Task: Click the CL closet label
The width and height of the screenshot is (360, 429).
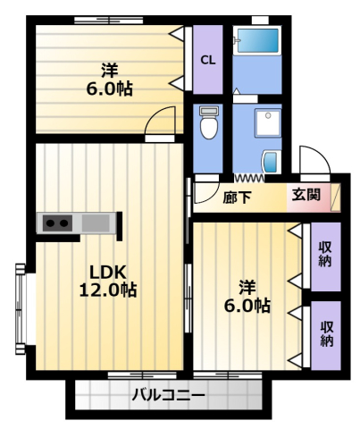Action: pyautogui.click(x=207, y=60)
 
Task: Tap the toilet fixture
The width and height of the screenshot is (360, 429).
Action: pyautogui.click(x=209, y=122)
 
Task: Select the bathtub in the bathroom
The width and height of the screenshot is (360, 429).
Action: pyautogui.click(x=257, y=40)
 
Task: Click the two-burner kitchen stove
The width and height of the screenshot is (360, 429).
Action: pyautogui.click(x=57, y=223)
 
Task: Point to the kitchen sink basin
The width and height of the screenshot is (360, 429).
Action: pyautogui.click(x=96, y=223)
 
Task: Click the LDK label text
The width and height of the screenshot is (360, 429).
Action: pyautogui.click(x=108, y=272)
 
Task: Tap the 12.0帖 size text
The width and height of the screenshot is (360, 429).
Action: pyautogui.click(x=108, y=290)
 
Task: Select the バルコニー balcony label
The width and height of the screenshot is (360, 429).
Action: pyautogui.click(x=169, y=395)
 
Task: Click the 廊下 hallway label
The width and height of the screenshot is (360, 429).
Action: pyautogui.click(x=237, y=197)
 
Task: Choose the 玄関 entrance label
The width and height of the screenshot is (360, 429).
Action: pyautogui.click(x=306, y=195)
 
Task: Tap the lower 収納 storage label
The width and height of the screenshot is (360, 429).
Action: pyautogui.click(x=327, y=334)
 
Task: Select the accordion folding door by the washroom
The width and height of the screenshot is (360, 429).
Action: pyautogui.click(x=249, y=179)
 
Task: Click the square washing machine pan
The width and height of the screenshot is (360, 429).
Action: pyautogui.click(x=268, y=122)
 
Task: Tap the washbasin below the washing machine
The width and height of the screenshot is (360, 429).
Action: pyautogui.click(x=272, y=162)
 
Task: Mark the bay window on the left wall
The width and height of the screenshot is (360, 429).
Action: pyautogui.click(x=21, y=308)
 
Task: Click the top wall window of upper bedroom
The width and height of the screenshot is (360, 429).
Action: pyautogui.click(x=108, y=21)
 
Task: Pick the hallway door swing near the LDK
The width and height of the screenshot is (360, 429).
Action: pyautogui.click(x=206, y=192)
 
